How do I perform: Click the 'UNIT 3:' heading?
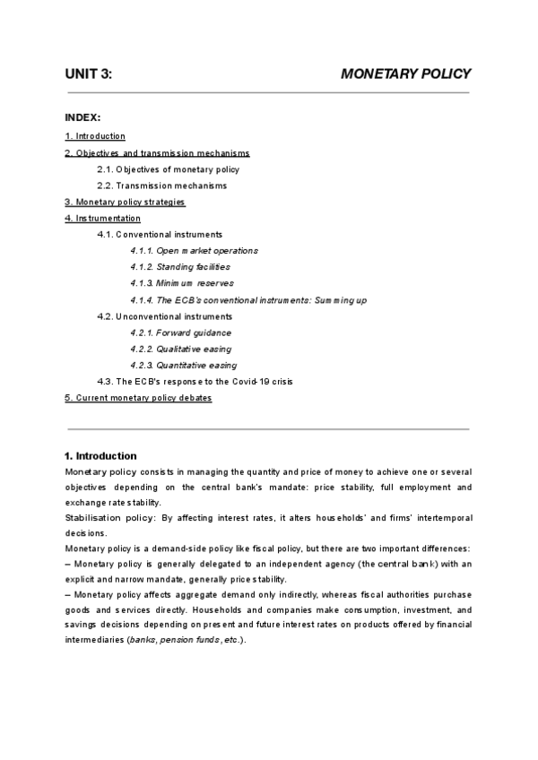tap(89, 73)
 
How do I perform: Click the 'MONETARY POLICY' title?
tap(405, 73)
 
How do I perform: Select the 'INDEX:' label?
tap(82, 117)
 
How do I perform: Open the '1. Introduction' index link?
tap(95, 136)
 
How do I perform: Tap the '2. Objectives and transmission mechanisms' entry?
tap(157, 153)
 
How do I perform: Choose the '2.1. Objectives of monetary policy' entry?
tap(169, 169)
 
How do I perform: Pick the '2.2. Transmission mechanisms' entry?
tap(162, 186)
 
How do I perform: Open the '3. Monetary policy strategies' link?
tap(125, 202)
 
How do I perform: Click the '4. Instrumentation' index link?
tap(103, 218)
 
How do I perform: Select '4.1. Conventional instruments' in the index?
tap(160, 234)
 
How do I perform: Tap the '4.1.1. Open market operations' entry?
tap(194, 251)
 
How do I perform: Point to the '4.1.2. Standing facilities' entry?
tap(180, 267)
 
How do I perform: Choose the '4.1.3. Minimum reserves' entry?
tap(182, 283)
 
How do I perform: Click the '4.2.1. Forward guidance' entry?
tap(180, 332)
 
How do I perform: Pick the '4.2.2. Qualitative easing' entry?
tap(180, 349)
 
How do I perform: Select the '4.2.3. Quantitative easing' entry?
tap(183, 365)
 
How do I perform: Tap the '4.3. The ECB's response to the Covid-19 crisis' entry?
tap(195, 381)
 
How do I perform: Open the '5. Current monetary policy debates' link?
tap(138, 397)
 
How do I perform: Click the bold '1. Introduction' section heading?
tap(101, 455)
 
